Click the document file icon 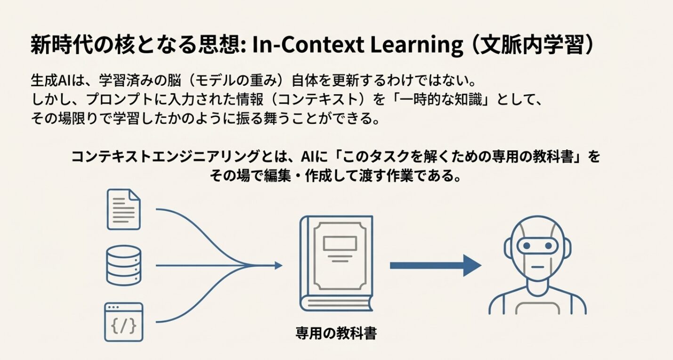point(123,209)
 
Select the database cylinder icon point(123,265)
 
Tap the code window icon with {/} point(123,322)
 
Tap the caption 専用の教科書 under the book point(336,334)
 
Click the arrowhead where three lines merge point(278,266)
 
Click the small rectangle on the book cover point(340,243)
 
